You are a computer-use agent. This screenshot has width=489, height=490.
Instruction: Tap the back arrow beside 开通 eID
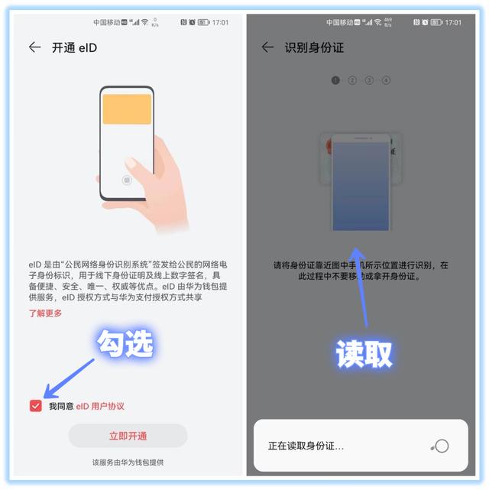tap(34, 47)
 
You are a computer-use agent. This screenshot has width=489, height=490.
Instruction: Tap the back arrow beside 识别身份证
tap(267, 47)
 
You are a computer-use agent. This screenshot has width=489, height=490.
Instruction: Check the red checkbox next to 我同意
tap(35, 406)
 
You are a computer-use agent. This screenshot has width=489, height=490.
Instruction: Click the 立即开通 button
tap(128, 436)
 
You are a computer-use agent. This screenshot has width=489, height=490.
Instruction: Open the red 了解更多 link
tap(46, 313)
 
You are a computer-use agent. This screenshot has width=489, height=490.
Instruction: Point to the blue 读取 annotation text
tap(364, 352)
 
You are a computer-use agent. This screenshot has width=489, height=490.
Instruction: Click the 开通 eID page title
tap(74, 47)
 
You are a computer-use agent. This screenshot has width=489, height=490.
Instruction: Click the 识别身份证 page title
tap(314, 47)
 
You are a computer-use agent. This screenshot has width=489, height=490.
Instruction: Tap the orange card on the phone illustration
tap(127, 109)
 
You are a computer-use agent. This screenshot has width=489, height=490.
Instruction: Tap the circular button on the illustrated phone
tap(127, 180)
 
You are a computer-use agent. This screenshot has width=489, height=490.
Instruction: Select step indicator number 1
tap(335, 80)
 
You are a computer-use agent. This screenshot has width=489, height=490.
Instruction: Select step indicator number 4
tap(387, 80)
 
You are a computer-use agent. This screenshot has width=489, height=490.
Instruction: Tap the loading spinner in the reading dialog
tap(439, 446)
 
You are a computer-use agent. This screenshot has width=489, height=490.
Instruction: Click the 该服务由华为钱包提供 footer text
tap(128, 462)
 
